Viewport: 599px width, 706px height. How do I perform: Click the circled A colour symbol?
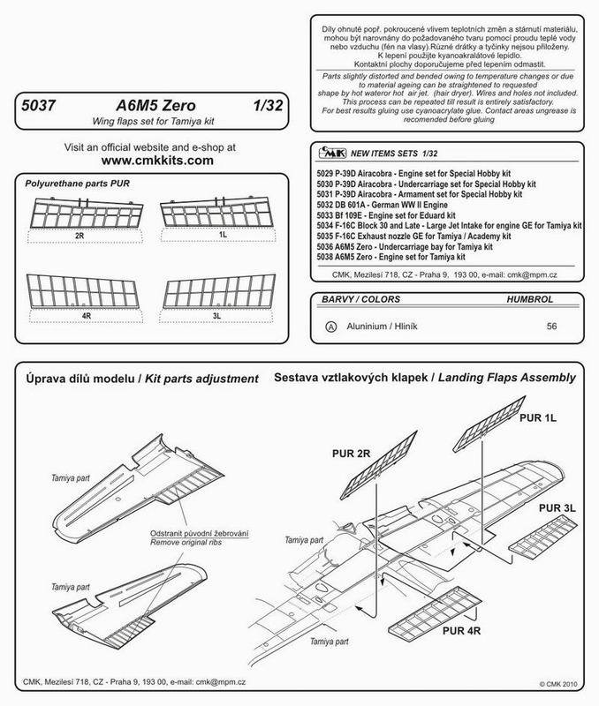[x=330, y=324]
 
